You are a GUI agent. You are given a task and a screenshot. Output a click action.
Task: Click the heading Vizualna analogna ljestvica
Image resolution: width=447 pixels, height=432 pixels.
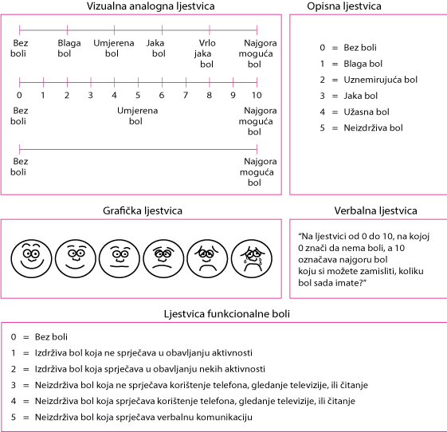coord(151,6)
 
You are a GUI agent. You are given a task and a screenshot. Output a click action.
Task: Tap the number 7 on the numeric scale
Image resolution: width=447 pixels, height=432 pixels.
coord(186,95)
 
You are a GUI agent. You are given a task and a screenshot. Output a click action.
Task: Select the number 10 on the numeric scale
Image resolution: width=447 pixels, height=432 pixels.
coord(257,95)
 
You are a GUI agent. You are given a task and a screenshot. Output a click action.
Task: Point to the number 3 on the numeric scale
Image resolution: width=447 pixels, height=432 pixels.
coord(90,95)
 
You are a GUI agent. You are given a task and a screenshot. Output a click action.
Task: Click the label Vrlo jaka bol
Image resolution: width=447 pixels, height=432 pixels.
coord(206,53)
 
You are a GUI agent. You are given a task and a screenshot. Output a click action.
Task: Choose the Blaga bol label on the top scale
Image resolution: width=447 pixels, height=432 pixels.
coord(69,48)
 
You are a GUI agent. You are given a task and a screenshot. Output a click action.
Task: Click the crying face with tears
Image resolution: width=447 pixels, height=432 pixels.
coord(252,258)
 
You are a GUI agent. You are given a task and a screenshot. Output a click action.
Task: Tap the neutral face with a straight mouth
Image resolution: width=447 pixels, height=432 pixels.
coord(120,258)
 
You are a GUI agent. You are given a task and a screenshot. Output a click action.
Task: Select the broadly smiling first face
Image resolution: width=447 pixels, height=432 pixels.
coord(31,258)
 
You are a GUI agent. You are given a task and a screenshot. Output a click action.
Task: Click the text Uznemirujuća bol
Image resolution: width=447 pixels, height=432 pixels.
coord(380,80)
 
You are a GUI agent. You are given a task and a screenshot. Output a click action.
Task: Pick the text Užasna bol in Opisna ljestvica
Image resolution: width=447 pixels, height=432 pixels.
coord(367,112)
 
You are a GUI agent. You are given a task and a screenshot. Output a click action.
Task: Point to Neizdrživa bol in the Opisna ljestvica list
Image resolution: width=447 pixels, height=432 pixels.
coord(373,128)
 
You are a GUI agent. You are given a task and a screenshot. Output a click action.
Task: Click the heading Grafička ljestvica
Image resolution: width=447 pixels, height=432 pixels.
coord(143,210)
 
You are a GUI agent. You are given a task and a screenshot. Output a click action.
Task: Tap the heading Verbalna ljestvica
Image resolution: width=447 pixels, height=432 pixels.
coord(376,210)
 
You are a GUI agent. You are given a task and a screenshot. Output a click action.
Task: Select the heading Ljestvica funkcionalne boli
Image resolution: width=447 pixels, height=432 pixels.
coord(227,314)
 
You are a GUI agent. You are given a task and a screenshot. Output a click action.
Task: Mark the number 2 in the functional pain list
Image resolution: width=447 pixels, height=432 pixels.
coord(14,369)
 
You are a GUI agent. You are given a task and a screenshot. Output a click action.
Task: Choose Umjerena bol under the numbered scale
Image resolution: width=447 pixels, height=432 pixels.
coord(137,116)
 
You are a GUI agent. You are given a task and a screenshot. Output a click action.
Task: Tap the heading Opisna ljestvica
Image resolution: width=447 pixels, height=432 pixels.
coord(344,6)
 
